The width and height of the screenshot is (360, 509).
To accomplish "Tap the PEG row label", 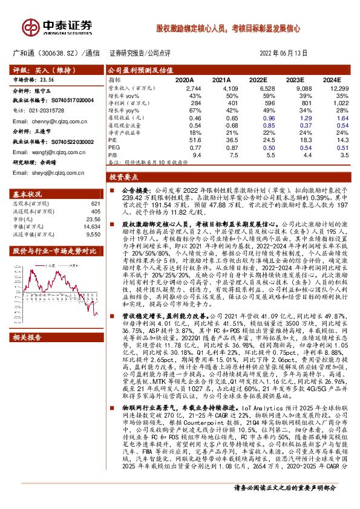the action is pos(113,147).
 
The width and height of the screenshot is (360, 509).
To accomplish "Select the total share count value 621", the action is pos(94,204).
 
